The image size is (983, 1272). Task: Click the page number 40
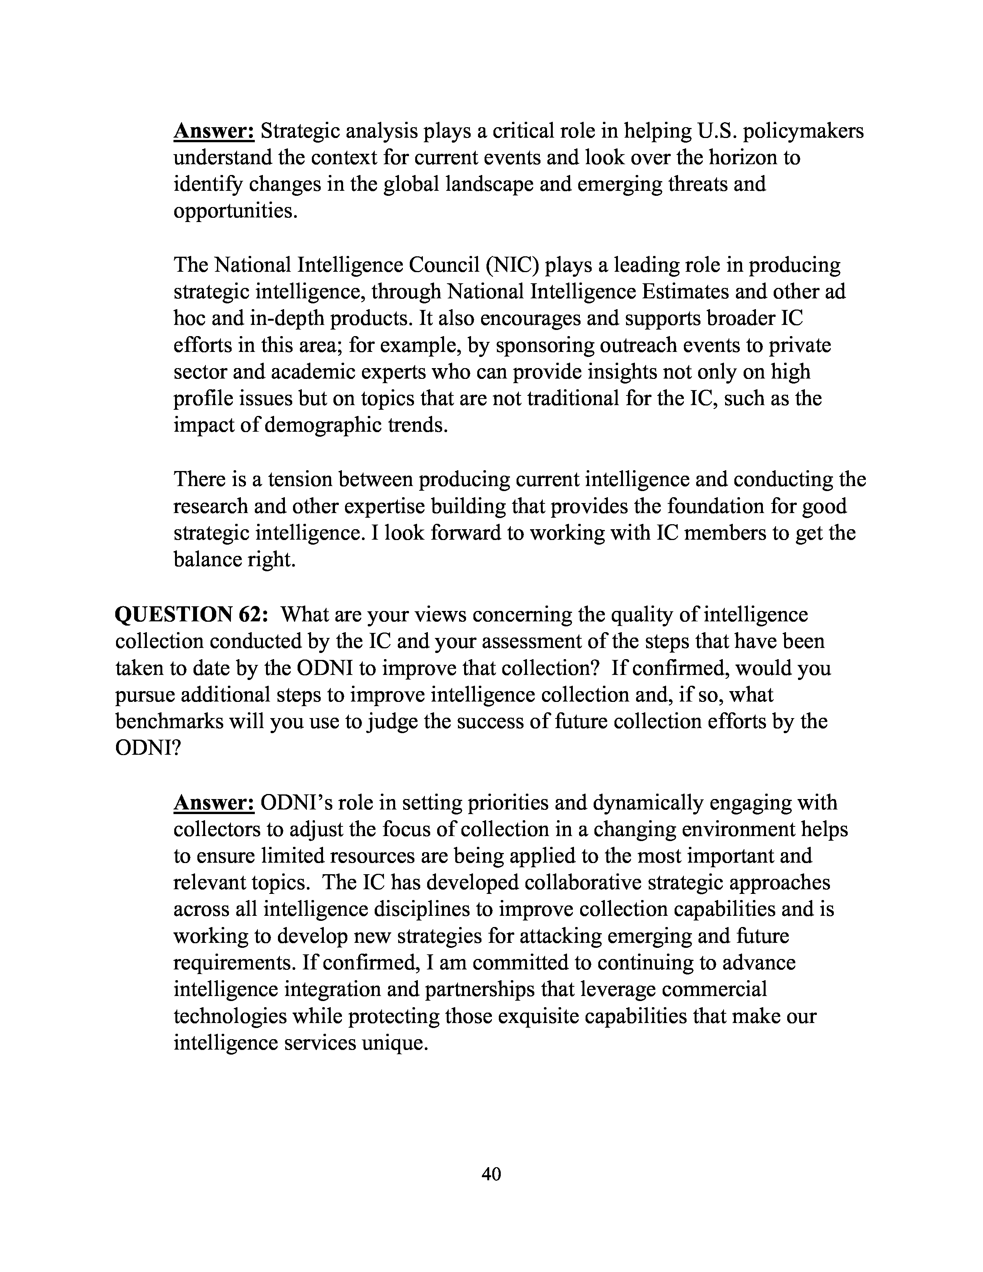pos(491,1174)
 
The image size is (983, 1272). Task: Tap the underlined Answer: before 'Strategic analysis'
pos(214,131)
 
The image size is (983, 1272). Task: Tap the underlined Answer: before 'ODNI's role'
pos(214,803)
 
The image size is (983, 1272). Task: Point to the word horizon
pos(736,158)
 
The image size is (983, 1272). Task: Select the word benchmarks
pos(169,721)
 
